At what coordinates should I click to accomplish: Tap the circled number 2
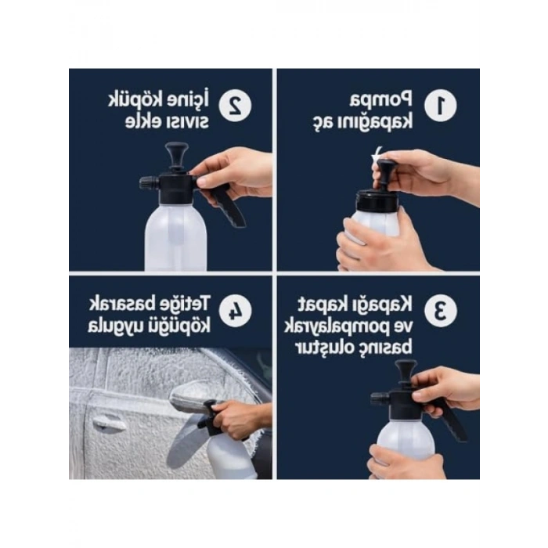233,105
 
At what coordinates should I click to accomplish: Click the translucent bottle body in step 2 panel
175,235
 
